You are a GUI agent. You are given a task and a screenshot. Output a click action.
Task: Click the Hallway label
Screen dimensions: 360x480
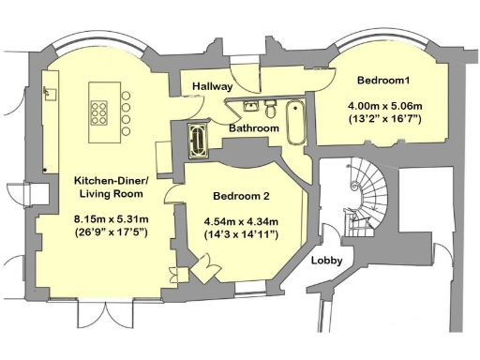(x=213, y=86)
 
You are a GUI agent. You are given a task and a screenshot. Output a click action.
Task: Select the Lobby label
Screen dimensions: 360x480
(x=327, y=261)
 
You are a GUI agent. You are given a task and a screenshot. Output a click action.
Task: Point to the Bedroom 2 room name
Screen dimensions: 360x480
(x=241, y=197)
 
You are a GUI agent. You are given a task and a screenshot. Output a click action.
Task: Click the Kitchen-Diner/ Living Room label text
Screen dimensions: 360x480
(x=110, y=186)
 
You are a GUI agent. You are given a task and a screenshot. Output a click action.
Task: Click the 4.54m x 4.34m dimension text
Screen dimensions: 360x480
(x=241, y=223)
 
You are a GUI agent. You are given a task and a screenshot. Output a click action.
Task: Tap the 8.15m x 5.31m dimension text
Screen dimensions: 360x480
(x=110, y=219)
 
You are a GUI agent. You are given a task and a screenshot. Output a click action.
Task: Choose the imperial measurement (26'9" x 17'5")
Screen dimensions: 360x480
(x=110, y=232)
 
